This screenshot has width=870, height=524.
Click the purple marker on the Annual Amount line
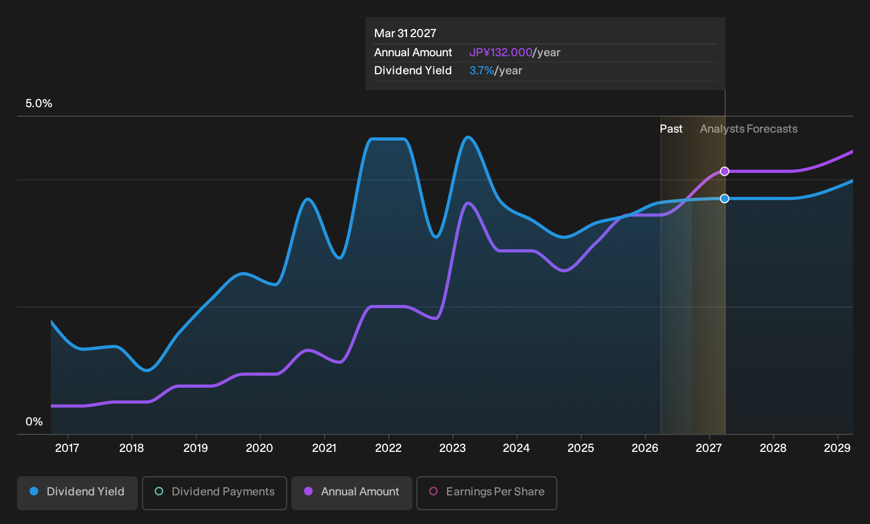point(724,171)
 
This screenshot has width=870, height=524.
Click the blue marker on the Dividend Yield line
point(724,199)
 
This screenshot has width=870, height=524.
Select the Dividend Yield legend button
point(77,493)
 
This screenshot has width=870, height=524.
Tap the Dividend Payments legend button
point(215,493)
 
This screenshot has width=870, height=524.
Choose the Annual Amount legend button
point(351,493)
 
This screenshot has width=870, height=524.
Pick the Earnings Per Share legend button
point(486,493)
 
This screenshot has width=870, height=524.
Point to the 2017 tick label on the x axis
point(67,448)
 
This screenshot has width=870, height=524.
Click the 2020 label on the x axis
point(260,448)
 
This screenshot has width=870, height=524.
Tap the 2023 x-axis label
point(452,448)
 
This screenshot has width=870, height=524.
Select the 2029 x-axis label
point(837,448)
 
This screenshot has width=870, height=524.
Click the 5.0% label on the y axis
point(39,103)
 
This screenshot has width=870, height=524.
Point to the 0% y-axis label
point(34,422)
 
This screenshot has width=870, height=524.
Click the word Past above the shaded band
point(671,129)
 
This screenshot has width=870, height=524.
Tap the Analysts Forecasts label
point(749,129)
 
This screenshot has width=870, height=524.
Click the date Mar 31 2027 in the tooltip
point(405,33)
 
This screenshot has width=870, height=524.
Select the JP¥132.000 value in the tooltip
point(501,53)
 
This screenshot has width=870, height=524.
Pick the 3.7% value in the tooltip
point(482,71)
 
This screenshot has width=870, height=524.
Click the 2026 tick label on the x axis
point(645,448)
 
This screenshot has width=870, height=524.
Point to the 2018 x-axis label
point(131,448)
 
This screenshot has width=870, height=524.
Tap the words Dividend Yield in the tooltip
point(413,71)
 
